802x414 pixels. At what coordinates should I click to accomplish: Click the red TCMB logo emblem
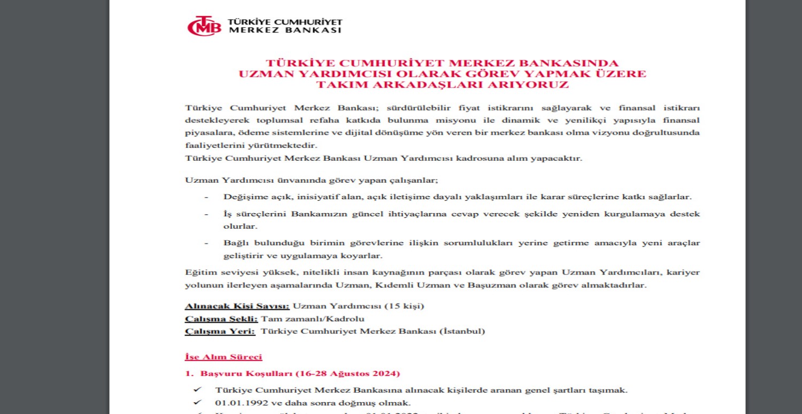204,26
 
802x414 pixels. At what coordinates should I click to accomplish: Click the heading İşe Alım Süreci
223,357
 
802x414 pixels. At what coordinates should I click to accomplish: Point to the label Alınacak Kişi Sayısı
237,306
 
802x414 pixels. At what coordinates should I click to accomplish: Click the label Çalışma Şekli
221,319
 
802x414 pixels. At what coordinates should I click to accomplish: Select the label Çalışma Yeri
220,331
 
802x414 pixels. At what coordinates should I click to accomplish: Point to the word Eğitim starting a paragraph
198,272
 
